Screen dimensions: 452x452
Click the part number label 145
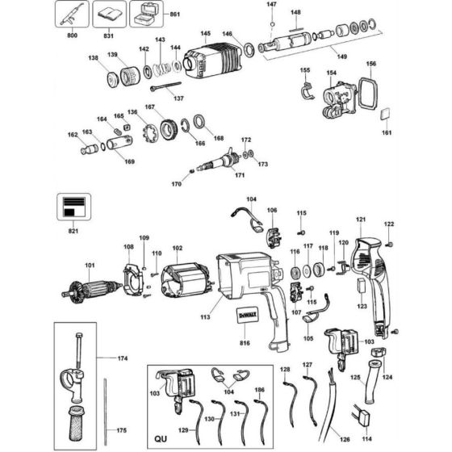click(206, 34)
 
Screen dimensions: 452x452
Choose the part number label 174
click(123, 358)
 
